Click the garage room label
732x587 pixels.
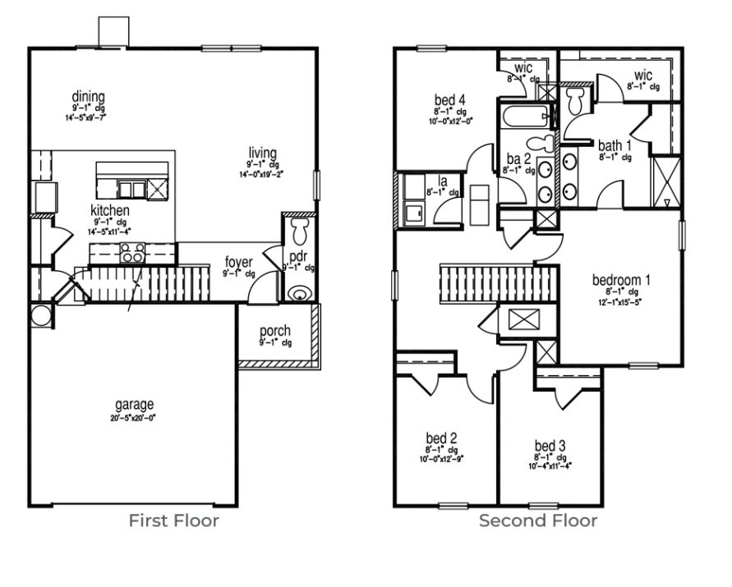134,405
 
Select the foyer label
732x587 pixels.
239,263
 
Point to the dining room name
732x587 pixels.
89,97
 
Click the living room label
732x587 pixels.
263,153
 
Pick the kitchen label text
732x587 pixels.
109,211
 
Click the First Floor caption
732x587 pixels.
173,521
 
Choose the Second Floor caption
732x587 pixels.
538,521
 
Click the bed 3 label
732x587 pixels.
550,446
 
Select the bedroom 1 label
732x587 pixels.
621,280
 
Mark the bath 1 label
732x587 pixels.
615,145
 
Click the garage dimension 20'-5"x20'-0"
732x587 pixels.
134,417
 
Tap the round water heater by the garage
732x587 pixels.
39,315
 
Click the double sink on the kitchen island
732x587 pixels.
131,190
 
